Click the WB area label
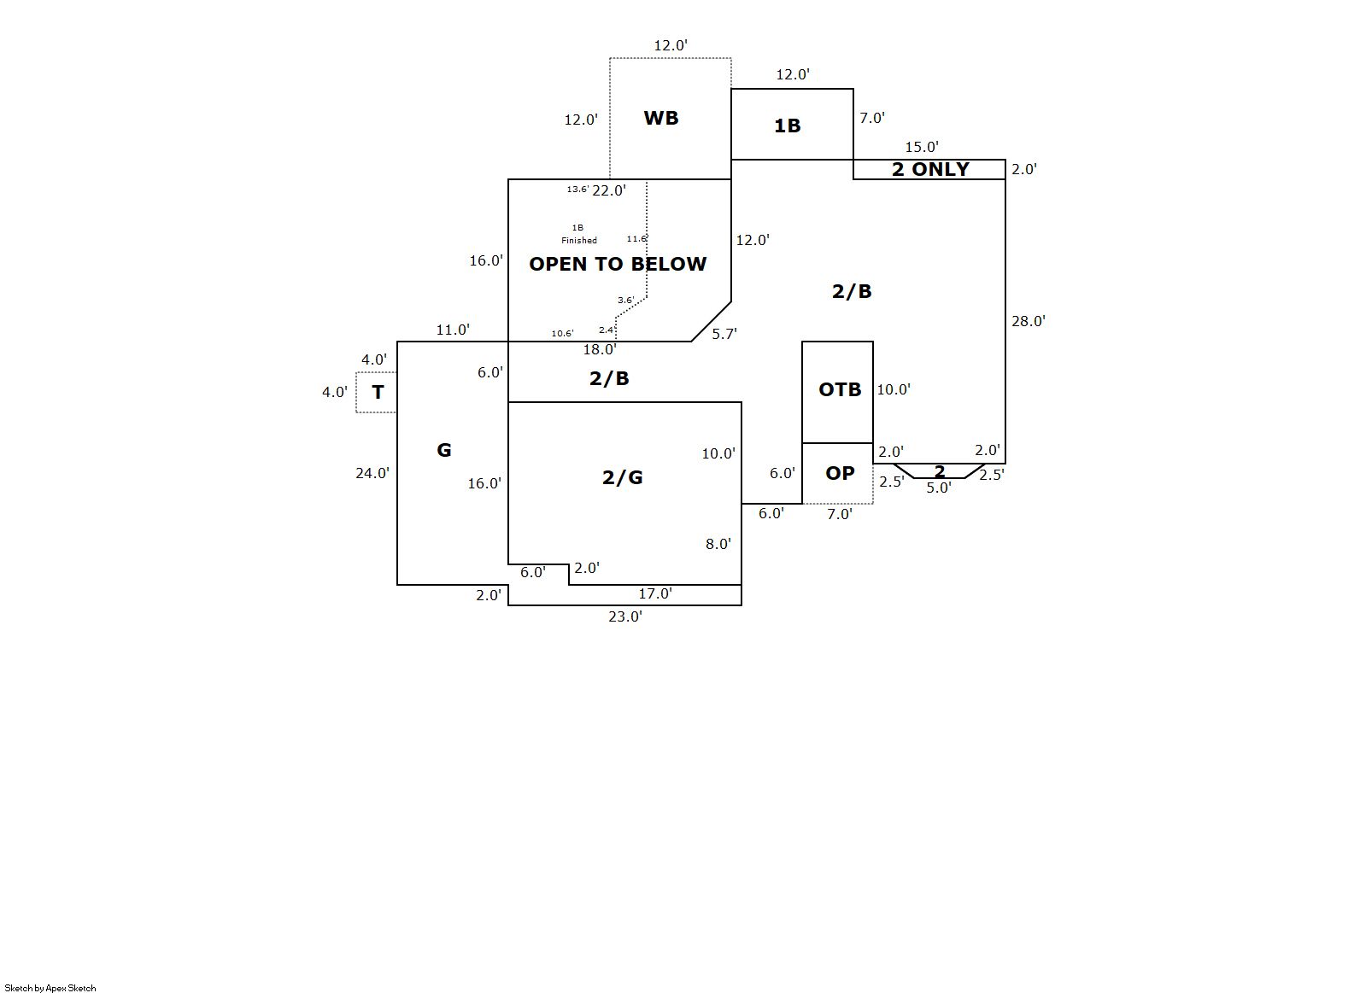click(660, 118)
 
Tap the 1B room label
click(787, 126)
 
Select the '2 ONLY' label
click(930, 169)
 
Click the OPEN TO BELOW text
click(618, 264)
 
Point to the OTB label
click(840, 389)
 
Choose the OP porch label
click(840, 473)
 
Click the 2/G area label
click(623, 477)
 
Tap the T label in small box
click(378, 392)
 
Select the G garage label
click(444, 450)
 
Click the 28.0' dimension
click(1029, 321)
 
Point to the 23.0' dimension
click(625, 616)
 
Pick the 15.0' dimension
click(922, 147)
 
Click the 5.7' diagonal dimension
click(724, 334)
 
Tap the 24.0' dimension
click(372, 473)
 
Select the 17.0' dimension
click(655, 593)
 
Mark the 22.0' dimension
click(609, 190)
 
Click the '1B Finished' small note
click(578, 234)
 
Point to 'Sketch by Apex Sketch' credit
click(50, 988)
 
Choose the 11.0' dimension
click(453, 330)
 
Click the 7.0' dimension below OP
click(840, 514)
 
